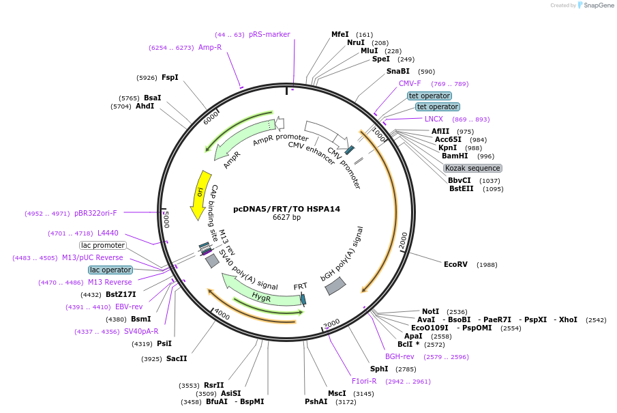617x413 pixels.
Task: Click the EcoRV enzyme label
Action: pyautogui.click(x=455, y=264)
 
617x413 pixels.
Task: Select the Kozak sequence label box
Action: pyautogui.click(x=472, y=168)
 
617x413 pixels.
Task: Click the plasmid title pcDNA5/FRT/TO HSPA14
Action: pyautogui.click(x=286, y=209)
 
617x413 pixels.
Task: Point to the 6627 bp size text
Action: pyautogui.click(x=286, y=218)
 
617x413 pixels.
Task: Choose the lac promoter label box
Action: pyautogui.click(x=103, y=245)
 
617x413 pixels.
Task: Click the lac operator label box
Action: pyautogui.click(x=110, y=270)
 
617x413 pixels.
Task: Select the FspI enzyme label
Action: pyautogui.click(x=170, y=77)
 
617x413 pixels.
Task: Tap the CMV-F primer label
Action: pyautogui.click(x=410, y=83)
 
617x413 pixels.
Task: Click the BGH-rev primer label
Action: pyautogui.click(x=400, y=356)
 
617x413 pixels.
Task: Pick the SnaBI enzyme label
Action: pyautogui.click(x=398, y=71)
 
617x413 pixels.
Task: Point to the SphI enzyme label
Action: pyautogui.click(x=378, y=369)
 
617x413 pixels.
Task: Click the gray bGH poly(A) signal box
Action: pyautogui.click(x=335, y=287)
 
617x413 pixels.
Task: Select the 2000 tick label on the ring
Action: pyautogui.click(x=403, y=240)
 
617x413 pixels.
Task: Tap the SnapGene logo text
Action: pyautogui.click(x=599, y=5)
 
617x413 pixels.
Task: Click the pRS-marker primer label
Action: pyautogui.click(x=269, y=34)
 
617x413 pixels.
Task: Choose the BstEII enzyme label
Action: pyautogui.click(x=462, y=188)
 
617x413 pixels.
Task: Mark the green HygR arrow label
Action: pyautogui.click(x=261, y=297)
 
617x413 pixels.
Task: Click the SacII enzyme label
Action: pyautogui.click(x=176, y=358)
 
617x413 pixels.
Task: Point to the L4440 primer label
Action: pyautogui.click(x=108, y=233)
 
